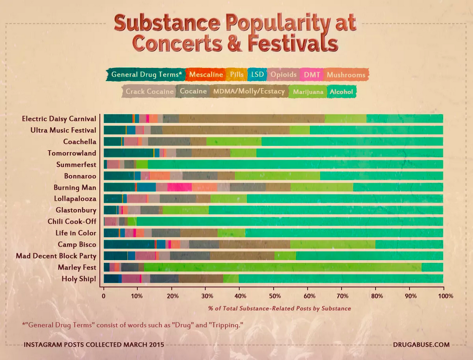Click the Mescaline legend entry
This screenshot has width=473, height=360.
tap(206, 75)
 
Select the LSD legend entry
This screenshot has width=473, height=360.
tap(257, 75)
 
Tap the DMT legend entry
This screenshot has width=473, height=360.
tap(312, 75)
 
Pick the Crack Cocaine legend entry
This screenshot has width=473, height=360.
tap(149, 92)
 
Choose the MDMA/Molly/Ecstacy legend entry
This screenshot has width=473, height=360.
tap(249, 92)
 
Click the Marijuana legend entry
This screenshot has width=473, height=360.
tap(308, 92)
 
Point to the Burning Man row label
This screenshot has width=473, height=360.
tap(75, 187)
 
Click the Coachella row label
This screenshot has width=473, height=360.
tap(79, 141)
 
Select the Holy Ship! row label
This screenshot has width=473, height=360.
tap(79, 279)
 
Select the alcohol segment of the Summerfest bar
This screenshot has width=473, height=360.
tap(295, 164)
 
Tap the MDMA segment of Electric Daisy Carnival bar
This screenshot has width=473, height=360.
tap(251, 118)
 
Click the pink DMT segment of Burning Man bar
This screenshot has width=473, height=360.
tap(180, 187)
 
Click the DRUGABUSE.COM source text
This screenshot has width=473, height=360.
tap(421, 345)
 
